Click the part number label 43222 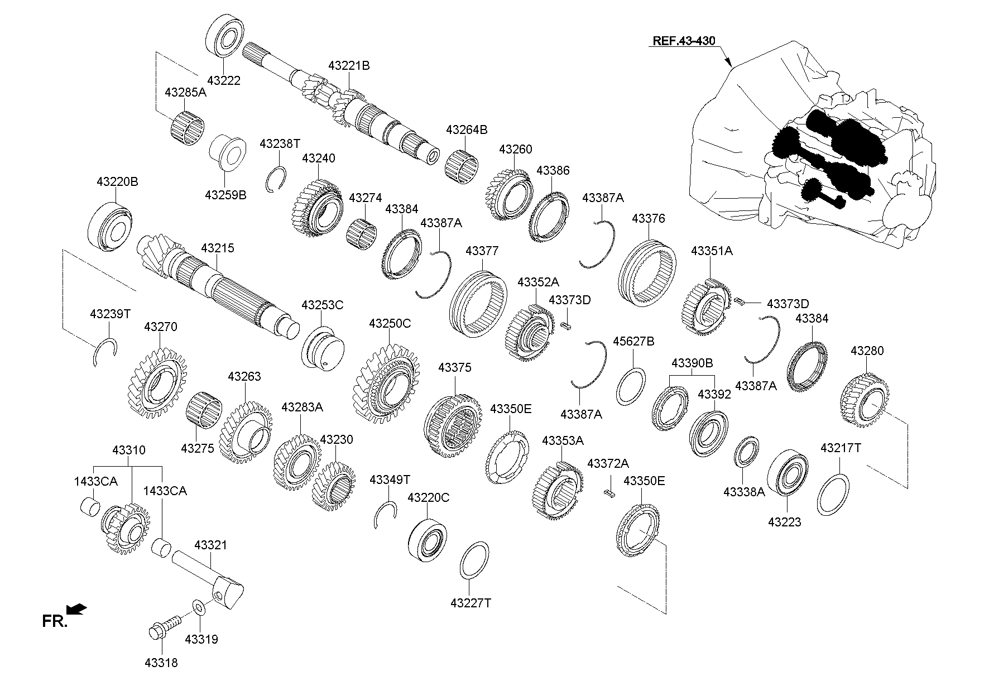pyautogui.click(x=223, y=80)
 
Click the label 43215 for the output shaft pyautogui.click(x=218, y=248)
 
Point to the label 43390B pyautogui.click(x=692, y=363)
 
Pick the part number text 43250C pyautogui.click(x=390, y=324)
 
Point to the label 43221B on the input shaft pyautogui.click(x=349, y=65)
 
